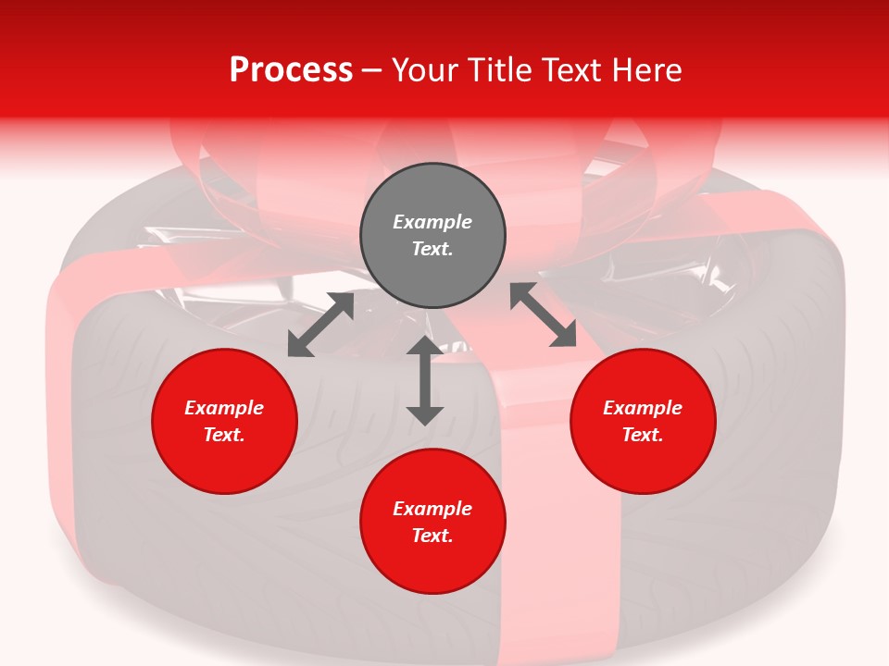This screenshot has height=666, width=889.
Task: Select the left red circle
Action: [x=224, y=421]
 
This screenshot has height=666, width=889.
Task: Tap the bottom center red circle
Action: [x=432, y=521]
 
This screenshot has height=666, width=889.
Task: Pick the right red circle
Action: [x=642, y=421]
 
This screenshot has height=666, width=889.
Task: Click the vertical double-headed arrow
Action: [x=425, y=380]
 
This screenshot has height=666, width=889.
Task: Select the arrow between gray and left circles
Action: [x=320, y=325]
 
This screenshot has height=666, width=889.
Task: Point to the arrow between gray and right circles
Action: [x=544, y=314]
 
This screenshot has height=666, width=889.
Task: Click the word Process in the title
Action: [x=291, y=70]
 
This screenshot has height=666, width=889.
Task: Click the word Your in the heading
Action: [x=425, y=70]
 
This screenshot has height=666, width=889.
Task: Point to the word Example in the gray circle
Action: [x=432, y=222]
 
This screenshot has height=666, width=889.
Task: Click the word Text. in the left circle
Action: [x=224, y=435]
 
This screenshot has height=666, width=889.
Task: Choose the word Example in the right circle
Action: [x=642, y=408]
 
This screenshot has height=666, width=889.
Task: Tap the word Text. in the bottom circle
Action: [x=432, y=536]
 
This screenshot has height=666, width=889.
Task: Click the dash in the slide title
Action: [x=372, y=70]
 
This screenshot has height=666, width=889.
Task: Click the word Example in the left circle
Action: [x=224, y=408]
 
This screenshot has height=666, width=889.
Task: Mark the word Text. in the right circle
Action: [x=642, y=435]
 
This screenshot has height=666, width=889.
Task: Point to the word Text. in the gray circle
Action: [x=432, y=249]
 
